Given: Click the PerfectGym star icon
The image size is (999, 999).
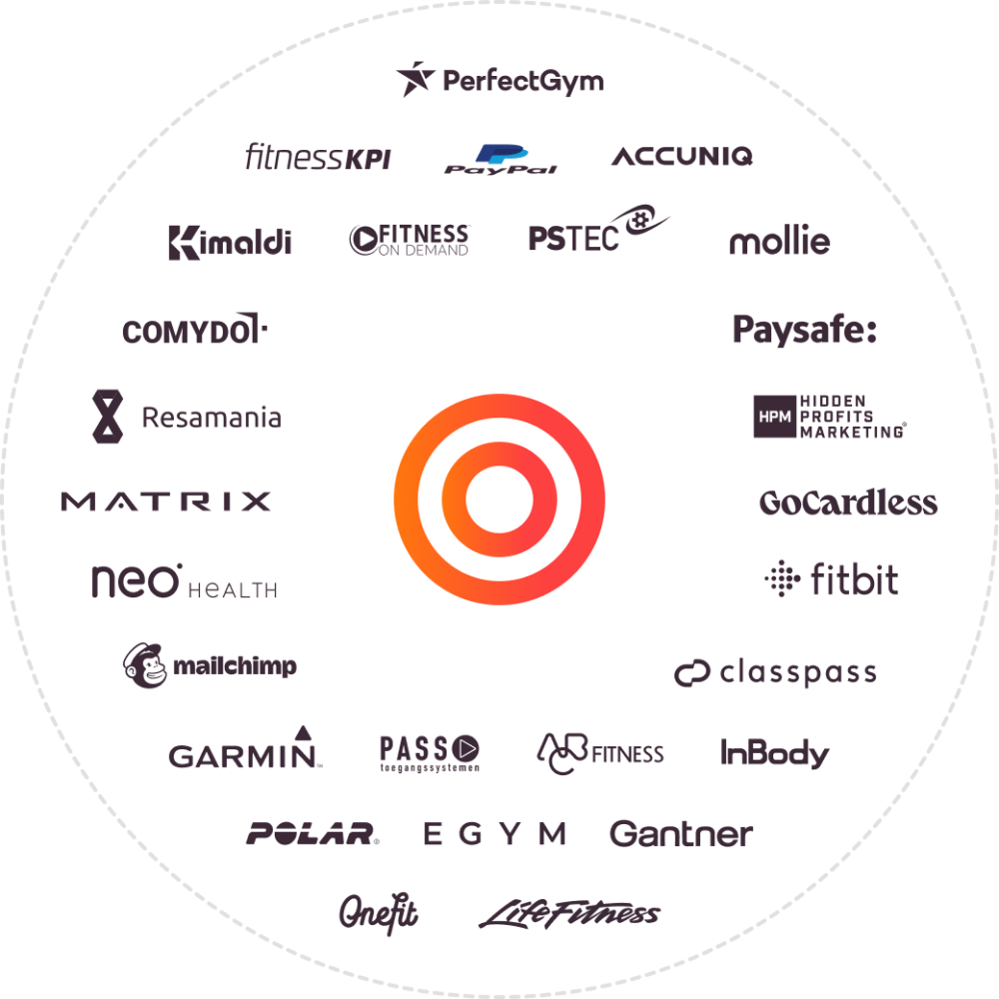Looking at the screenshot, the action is (x=413, y=79).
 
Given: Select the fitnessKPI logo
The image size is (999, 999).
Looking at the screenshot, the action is (x=318, y=158).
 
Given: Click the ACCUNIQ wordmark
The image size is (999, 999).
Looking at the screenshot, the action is (x=681, y=156).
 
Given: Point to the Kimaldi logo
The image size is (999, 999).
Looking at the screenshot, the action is (x=230, y=242).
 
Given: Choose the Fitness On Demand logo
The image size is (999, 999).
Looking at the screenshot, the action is (x=410, y=240).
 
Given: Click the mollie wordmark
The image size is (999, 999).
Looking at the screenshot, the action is (x=779, y=242).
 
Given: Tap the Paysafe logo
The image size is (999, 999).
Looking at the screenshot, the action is (x=804, y=330).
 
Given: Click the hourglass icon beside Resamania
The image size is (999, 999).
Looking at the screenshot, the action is (x=108, y=417).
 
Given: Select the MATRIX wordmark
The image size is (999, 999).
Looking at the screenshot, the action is (x=167, y=500).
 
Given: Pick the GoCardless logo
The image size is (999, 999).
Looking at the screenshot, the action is (x=848, y=502).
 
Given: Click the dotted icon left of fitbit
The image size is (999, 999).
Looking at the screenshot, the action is (x=782, y=579).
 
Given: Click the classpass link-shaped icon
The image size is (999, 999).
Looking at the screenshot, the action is (x=691, y=674).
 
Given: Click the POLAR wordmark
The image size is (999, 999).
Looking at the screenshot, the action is (x=313, y=834).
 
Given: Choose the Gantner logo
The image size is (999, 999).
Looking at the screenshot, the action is (x=680, y=834).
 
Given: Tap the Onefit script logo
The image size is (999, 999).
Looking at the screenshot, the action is (x=378, y=911).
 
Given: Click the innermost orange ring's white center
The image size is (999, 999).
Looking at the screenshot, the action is (x=499, y=499).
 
